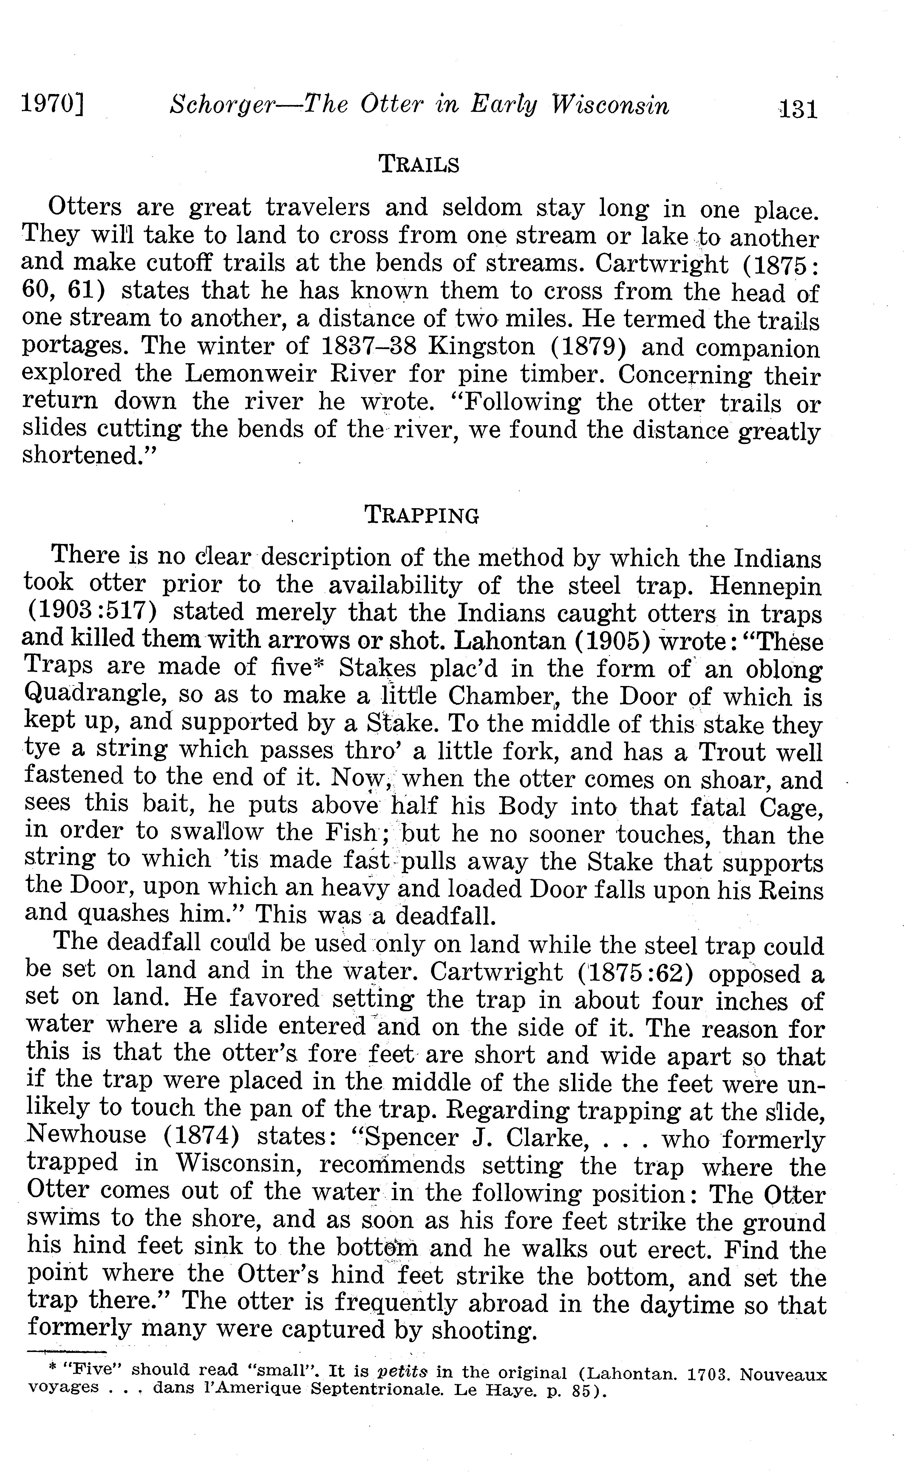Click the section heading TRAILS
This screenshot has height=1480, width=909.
(419, 164)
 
